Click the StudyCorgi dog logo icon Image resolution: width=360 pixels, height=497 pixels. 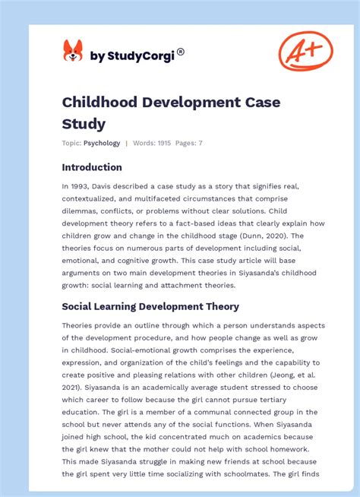coord(73,51)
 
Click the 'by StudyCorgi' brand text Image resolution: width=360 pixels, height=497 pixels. coord(132,55)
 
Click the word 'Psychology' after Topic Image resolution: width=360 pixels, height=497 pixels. coord(102,143)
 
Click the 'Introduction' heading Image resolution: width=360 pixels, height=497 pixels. coord(92,167)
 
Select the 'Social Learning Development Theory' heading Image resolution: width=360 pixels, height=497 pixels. coord(150,306)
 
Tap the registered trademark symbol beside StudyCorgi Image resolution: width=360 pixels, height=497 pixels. coord(181,52)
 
